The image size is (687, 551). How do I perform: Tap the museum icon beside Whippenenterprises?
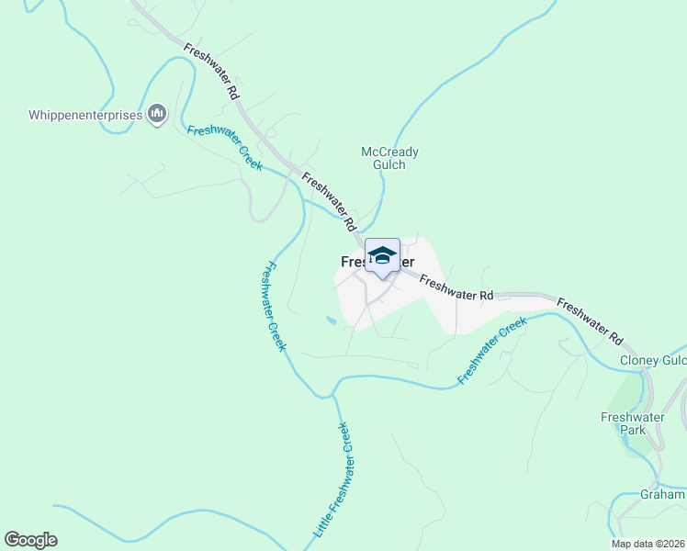[156, 114]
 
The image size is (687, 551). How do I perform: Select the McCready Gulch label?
[389, 158]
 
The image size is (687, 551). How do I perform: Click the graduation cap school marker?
[382, 256]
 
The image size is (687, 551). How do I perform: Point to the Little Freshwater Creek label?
[331, 479]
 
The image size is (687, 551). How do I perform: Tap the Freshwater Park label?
[632, 422]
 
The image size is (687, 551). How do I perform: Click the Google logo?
[30, 540]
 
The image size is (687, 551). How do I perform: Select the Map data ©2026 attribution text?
[648, 544]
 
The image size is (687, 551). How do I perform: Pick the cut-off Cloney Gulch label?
[653, 361]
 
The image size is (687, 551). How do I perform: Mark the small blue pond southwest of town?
[330, 320]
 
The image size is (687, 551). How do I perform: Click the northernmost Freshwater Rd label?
[211, 72]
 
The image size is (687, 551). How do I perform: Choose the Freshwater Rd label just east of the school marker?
[457, 287]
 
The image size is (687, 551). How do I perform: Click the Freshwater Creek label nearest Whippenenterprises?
[225, 147]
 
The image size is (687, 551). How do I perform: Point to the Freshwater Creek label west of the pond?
[274, 307]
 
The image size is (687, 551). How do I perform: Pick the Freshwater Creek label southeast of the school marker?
[492, 350]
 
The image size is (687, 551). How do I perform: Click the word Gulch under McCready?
[389, 165]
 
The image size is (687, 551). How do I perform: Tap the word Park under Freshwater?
[632, 429]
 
